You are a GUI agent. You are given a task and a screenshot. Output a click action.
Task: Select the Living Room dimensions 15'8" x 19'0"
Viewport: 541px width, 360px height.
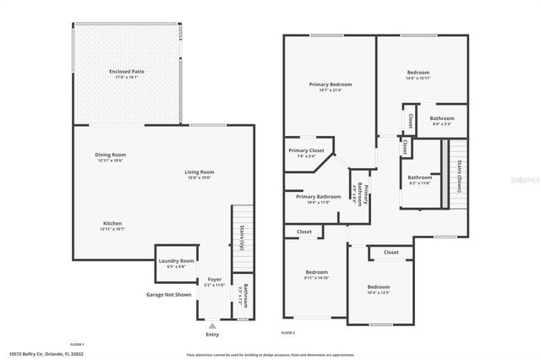199,177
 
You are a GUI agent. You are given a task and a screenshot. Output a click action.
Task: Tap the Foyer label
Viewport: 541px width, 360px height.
215,280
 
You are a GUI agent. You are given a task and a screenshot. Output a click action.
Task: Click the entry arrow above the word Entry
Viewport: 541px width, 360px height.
212,324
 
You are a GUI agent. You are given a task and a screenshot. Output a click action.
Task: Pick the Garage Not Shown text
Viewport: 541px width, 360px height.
169,295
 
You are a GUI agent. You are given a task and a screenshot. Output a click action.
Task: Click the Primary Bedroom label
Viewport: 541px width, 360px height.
330,85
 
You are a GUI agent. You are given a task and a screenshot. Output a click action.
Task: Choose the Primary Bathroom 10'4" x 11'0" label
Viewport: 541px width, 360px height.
318,199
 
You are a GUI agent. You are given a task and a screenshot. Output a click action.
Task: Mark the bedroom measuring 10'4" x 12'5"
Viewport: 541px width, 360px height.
378,290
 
